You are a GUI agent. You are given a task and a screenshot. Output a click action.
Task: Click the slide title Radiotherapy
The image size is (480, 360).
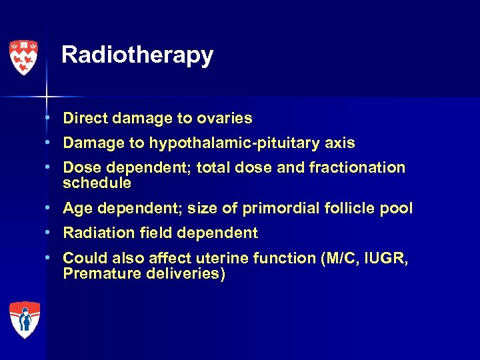(x=137, y=55)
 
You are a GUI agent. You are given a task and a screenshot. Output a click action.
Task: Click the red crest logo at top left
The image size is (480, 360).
(x=23, y=57)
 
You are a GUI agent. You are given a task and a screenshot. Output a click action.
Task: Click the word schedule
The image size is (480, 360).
(x=97, y=183)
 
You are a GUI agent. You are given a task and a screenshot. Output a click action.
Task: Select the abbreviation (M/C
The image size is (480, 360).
(x=333, y=259)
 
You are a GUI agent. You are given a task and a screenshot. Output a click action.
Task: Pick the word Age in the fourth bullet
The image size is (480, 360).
(x=77, y=209)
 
